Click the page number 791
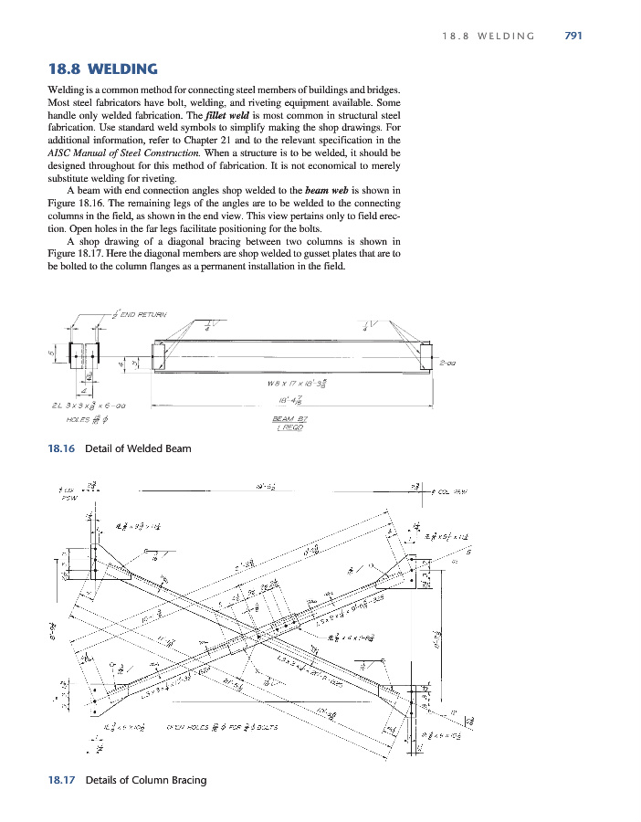tap(573, 36)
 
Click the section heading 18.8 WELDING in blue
tap(102, 68)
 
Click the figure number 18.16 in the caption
tap(60, 448)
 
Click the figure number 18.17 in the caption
tap(60, 780)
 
